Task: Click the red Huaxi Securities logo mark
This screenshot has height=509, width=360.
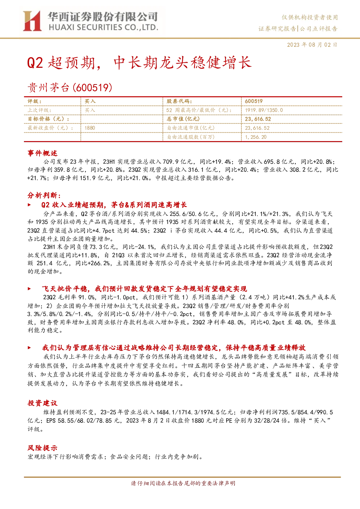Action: [x=32, y=21]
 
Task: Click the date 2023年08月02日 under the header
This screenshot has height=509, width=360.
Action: [x=312, y=45]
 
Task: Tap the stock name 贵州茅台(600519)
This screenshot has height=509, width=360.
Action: [x=70, y=87]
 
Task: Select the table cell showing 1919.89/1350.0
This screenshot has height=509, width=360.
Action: [x=264, y=110]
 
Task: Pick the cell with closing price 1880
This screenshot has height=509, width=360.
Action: [x=90, y=128]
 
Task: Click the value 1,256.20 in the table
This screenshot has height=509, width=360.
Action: [x=256, y=137]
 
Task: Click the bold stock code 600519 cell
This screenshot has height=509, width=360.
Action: [x=254, y=102]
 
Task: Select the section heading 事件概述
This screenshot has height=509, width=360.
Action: [x=42, y=153]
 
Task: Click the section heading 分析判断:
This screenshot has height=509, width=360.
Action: [x=44, y=195]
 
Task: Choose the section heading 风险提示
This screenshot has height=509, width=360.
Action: [x=42, y=448]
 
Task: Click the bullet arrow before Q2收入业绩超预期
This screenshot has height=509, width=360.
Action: [x=29, y=205]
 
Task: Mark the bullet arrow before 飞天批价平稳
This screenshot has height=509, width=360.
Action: [x=29, y=289]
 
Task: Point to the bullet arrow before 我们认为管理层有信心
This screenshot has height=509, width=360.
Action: [x=29, y=348]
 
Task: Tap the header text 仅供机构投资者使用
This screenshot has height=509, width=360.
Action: [x=310, y=17]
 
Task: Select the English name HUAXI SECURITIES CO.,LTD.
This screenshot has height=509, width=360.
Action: [x=103, y=28]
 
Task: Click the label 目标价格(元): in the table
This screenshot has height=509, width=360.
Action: [x=49, y=119]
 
